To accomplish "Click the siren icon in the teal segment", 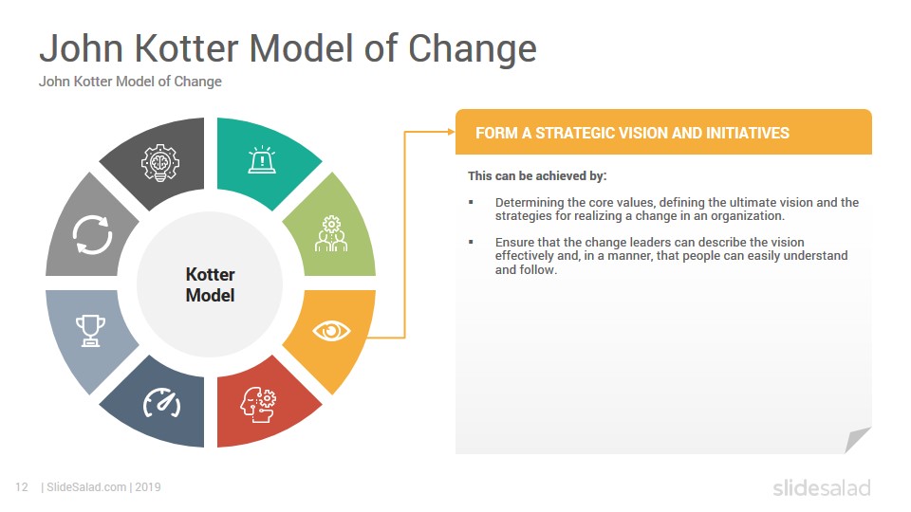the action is pyautogui.click(x=262, y=159).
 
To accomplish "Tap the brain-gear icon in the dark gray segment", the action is pyautogui.click(x=160, y=162).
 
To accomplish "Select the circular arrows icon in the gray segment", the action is pyautogui.click(x=92, y=235).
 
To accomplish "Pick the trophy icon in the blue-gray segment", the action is pyautogui.click(x=91, y=330).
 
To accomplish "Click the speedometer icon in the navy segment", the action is pyautogui.click(x=161, y=403).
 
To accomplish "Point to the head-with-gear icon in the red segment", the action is pyautogui.click(x=258, y=405).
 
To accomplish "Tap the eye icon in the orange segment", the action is pyautogui.click(x=331, y=331).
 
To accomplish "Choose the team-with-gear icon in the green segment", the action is pyautogui.click(x=331, y=233).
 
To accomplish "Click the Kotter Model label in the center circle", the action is pyautogui.click(x=211, y=284).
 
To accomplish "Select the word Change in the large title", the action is pyautogui.click(x=473, y=48).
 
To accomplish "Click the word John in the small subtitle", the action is pyautogui.click(x=54, y=82).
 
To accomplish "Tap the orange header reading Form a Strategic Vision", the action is pyautogui.click(x=663, y=133).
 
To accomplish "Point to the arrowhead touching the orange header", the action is pyautogui.click(x=452, y=132).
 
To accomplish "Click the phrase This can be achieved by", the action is pyautogui.click(x=537, y=176).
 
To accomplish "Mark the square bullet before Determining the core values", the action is pyautogui.click(x=472, y=203).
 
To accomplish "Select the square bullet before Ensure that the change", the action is pyautogui.click(x=472, y=242).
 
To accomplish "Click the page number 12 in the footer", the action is pyautogui.click(x=22, y=487).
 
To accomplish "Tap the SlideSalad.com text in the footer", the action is pyautogui.click(x=86, y=487).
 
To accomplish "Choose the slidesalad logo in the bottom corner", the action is pyautogui.click(x=822, y=487).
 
